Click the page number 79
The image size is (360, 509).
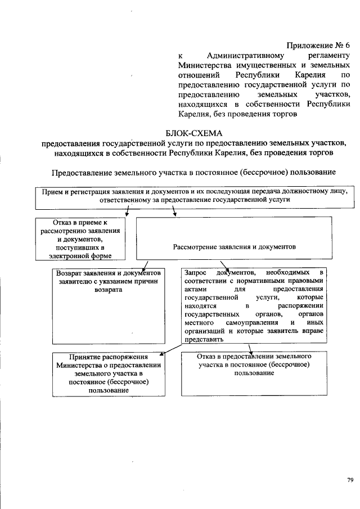(350, 479)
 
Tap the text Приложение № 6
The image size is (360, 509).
(318, 46)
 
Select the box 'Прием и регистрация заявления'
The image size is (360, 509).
(194, 195)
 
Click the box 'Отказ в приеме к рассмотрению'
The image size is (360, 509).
(82, 239)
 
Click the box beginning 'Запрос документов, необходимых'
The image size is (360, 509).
(254, 304)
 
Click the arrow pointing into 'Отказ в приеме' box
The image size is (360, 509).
(128, 211)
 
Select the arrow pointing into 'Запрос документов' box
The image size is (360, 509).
(224, 265)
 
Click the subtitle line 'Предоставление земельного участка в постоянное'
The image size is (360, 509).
(194, 172)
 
